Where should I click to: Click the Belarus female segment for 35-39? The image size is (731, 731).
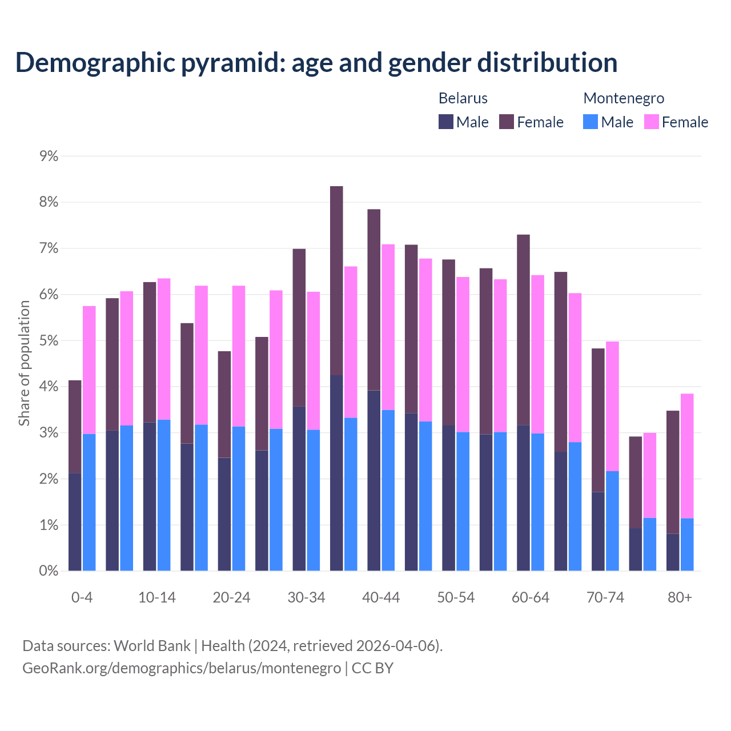point(336,280)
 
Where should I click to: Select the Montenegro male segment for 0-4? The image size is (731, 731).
point(89,502)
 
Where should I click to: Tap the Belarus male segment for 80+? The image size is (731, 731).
point(673,552)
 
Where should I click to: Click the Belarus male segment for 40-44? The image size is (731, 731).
point(373,480)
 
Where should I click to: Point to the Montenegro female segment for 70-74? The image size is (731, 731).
point(612,406)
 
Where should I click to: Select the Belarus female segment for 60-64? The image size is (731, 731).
point(523,330)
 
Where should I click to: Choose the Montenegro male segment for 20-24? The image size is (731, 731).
point(239,498)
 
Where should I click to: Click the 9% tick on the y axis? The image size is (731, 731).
point(49,156)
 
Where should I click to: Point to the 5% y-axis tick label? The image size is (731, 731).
point(49,341)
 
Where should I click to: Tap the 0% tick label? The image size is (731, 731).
point(49,571)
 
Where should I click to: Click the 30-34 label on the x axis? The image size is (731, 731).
point(306,598)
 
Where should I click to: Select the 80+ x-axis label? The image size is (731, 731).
point(680,598)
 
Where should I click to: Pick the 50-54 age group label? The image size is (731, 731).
point(456,598)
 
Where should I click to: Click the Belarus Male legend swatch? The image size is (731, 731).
point(446,122)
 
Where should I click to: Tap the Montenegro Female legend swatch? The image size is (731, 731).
point(652,122)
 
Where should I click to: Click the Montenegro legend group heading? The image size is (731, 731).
point(624,98)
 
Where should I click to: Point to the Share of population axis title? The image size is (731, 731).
point(24,363)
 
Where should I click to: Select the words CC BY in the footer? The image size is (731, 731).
point(372,668)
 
